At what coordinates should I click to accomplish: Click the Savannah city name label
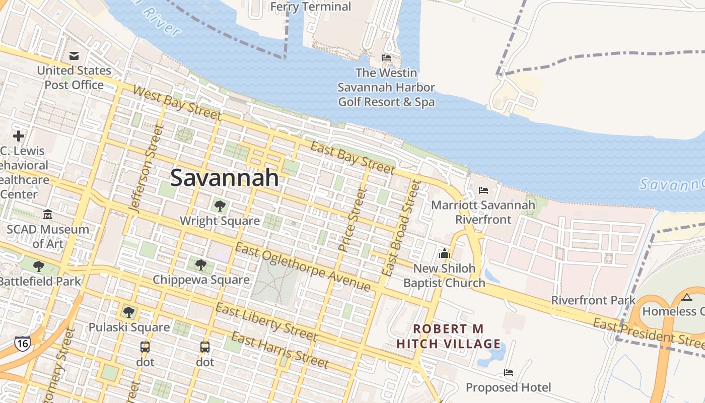click(x=225, y=178)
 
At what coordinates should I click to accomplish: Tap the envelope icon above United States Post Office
click(x=74, y=55)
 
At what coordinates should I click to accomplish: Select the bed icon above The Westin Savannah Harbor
click(x=386, y=58)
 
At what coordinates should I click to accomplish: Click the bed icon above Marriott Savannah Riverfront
click(x=483, y=190)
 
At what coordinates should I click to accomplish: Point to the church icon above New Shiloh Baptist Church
click(x=444, y=253)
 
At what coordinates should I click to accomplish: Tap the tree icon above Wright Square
click(x=220, y=206)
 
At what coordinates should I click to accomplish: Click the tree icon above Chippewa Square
click(x=200, y=264)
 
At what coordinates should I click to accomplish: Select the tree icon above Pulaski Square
click(x=129, y=312)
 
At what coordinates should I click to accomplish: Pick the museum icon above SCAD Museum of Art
click(x=48, y=215)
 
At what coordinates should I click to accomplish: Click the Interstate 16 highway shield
click(x=22, y=344)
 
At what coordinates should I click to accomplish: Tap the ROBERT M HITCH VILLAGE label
click(x=448, y=337)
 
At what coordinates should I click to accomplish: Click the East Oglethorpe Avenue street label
click(x=303, y=267)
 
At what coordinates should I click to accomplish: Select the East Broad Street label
click(x=401, y=228)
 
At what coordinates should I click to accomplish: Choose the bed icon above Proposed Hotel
click(x=509, y=373)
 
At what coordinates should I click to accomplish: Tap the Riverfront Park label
click(x=593, y=300)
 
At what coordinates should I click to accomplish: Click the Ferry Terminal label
click(x=311, y=7)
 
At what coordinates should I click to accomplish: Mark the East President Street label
click(x=649, y=333)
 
